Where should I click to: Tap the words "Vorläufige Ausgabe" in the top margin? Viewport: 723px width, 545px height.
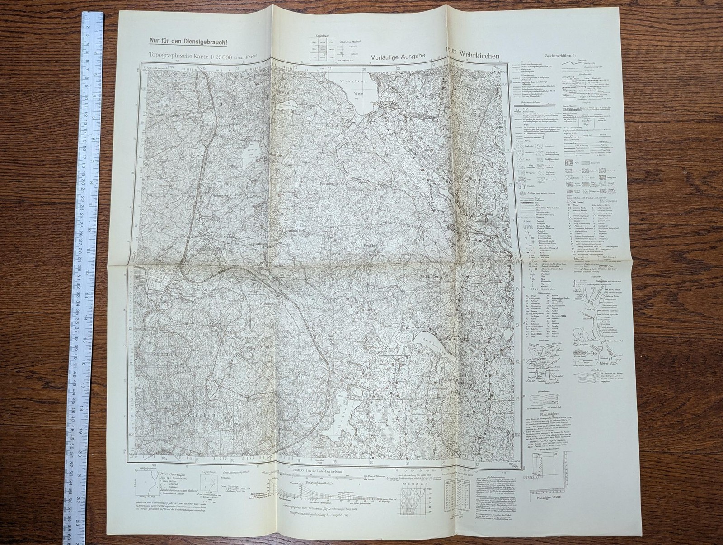click(x=398, y=57)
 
